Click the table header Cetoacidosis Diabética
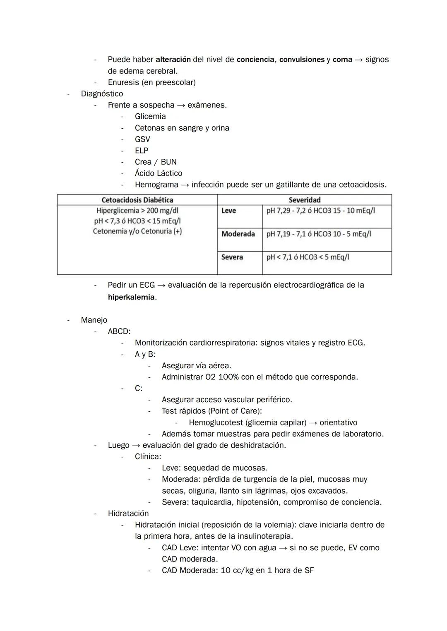(x=137, y=200)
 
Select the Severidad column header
(x=304, y=200)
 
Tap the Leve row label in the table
(x=228, y=211)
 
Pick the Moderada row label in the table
(x=238, y=234)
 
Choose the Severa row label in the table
(x=232, y=257)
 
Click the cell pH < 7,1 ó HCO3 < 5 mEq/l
(x=308, y=257)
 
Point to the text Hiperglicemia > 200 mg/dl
(x=137, y=211)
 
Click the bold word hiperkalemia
(x=131, y=297)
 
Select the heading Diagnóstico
(x=102, y=94)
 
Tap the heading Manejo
(x=94, y=320)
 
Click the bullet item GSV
(x=142, y=139)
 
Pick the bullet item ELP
(x=142, y=151)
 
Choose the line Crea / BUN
(x=156, y=162)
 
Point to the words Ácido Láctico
(x=159, y=173)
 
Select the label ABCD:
(x=119, y=331)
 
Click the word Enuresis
(x=123, y=82)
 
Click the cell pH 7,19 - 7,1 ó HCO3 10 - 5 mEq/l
(x=318, y=234)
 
